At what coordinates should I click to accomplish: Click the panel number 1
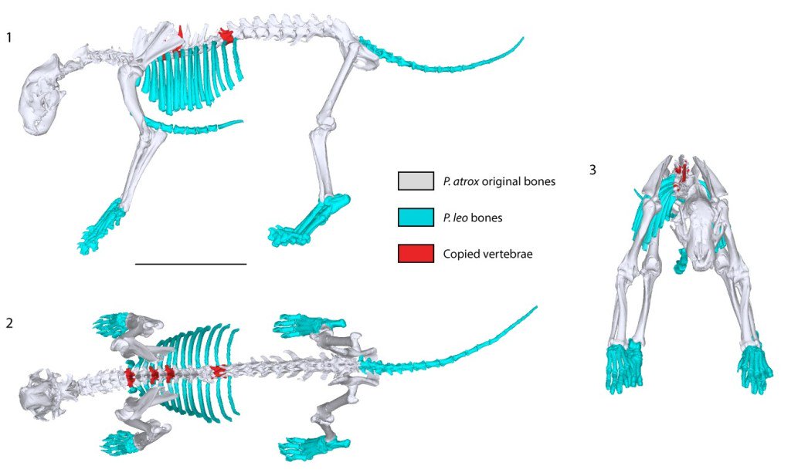[x=8, y=36]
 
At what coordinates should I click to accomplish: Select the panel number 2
[x=8, y=322]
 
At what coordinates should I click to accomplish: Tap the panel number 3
[x=592, y=170]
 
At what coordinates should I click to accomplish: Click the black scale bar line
[x=190, y=264]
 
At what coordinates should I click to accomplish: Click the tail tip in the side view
[x=523, y=38]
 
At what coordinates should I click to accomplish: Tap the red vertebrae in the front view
[x=681, y=171]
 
